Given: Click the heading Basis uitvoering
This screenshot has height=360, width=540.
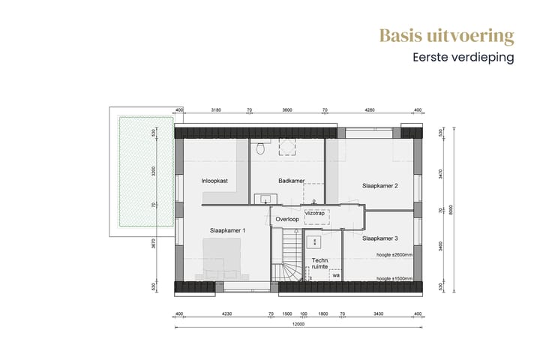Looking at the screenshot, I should click(x=446, y=36).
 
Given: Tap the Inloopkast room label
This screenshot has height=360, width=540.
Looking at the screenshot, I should click(x=215, y=181).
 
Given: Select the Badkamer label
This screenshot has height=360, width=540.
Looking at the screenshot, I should click(x=290, y=181).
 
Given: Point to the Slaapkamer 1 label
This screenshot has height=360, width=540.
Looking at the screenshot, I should click(x=228, y=229).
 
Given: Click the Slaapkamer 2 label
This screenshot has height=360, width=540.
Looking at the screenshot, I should click(x=379, y=185).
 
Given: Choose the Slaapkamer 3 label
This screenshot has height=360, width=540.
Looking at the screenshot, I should click(x=379, y=238).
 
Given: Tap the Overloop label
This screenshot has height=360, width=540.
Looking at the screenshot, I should click(x=287, y=219).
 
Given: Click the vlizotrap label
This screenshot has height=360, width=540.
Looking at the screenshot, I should click(x=314, y=213).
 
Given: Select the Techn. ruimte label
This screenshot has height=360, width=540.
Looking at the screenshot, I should click(x=320, y=263).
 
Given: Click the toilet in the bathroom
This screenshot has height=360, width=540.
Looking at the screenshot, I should click(x=260, y=148).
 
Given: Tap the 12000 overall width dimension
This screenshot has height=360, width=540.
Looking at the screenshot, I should click(x=298, y=325).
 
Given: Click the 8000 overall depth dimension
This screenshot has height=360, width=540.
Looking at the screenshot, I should click(x=451, y=209).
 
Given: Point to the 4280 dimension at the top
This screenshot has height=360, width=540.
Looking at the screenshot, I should click(x=369, y=110).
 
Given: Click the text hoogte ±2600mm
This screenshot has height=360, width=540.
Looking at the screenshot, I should click(x=394, y=256).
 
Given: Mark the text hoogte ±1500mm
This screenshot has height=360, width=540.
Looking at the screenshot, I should click(x=394, y=279).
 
